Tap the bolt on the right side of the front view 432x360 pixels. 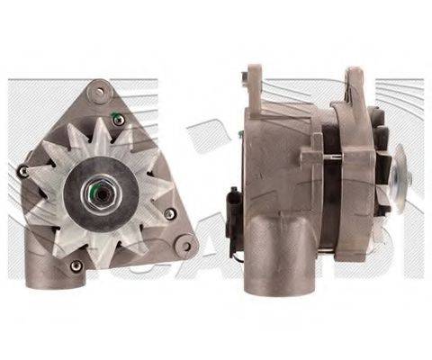pos(169,213)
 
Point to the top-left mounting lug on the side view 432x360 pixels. pos(255,81)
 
